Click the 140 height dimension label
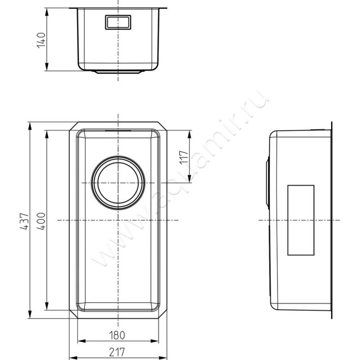[41, 40]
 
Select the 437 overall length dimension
[24, 221]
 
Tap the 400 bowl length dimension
[41, 221]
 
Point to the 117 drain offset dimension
[184, 157]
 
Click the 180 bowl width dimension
[117, 335]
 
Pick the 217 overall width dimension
[117, 352]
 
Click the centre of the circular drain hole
[118, 183]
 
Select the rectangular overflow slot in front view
[118, 22]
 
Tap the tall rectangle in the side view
[301, 220]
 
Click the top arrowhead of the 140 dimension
[47, 12]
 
